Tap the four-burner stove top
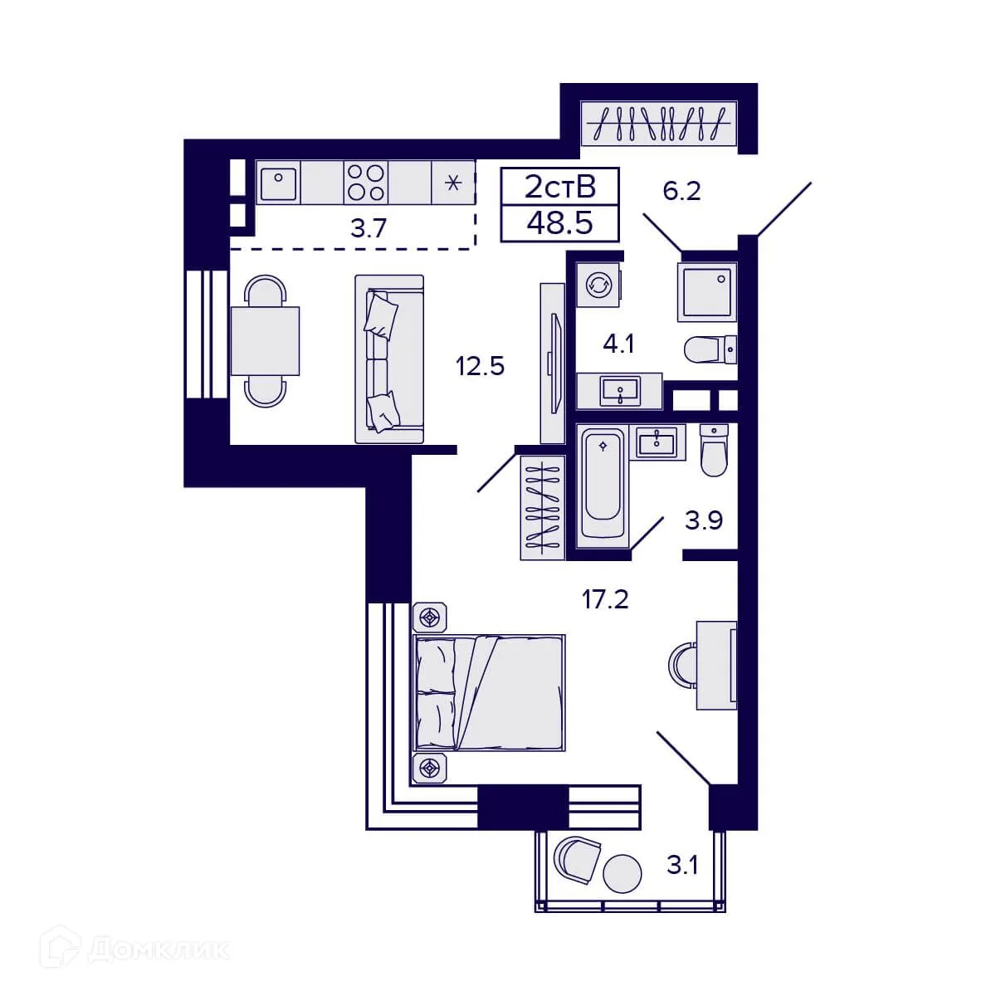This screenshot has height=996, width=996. click(366, 183)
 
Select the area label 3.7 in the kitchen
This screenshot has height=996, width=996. click(369, 228)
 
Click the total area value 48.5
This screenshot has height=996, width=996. click(559, 223)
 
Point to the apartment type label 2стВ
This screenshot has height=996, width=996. click(559, 188)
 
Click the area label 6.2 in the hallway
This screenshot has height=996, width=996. click(681, 192)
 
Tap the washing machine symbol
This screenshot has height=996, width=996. click(598, 286)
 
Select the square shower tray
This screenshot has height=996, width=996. click(707, 292)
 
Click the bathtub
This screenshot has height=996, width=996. click(603, 483)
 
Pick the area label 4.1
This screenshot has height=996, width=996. click(618, 343)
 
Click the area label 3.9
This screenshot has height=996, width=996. click(703, 520)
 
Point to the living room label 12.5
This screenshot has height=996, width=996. click(480, 365)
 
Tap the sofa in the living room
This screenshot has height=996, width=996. click(389, 359)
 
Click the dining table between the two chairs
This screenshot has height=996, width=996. click(265, 341)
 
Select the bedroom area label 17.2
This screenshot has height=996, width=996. click(605, 598)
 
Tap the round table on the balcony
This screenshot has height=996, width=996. click(622, 873)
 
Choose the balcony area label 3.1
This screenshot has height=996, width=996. click(682, 867)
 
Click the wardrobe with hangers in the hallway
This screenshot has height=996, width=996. click(659, 124)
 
